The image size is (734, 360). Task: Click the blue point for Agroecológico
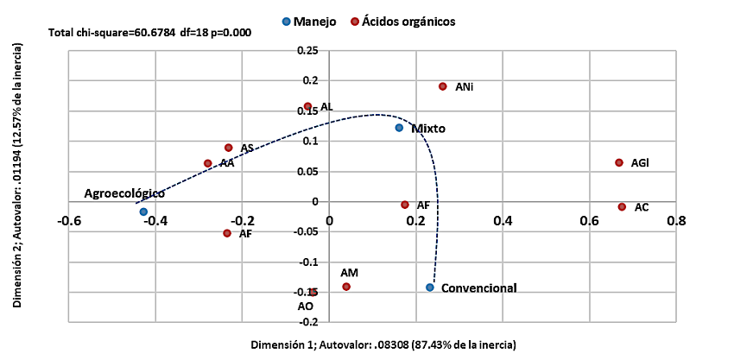(x=143, y=212)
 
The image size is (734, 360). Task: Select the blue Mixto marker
(x=399, y=128)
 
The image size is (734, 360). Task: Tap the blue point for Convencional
(x=429, y=287)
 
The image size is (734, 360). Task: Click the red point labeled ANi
(x=443, y=86)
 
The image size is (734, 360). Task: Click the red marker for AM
(x=346, y=287)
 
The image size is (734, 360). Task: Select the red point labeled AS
(x=229, y=148)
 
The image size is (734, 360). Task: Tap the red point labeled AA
(x=208, y=163)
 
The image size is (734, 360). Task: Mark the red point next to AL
(x=307, y=106)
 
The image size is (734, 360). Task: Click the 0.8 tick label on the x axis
(x=676, y=221)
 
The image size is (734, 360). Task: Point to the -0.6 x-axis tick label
(x=68, y=221)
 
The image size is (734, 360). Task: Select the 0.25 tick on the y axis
(x=307, y=52)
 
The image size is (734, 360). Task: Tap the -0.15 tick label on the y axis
(x=305, y=292)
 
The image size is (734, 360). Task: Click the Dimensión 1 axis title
(x=383, y=345)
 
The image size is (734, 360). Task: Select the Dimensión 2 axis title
(x=17, y=179)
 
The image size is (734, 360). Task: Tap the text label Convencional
(x=478, y=287)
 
